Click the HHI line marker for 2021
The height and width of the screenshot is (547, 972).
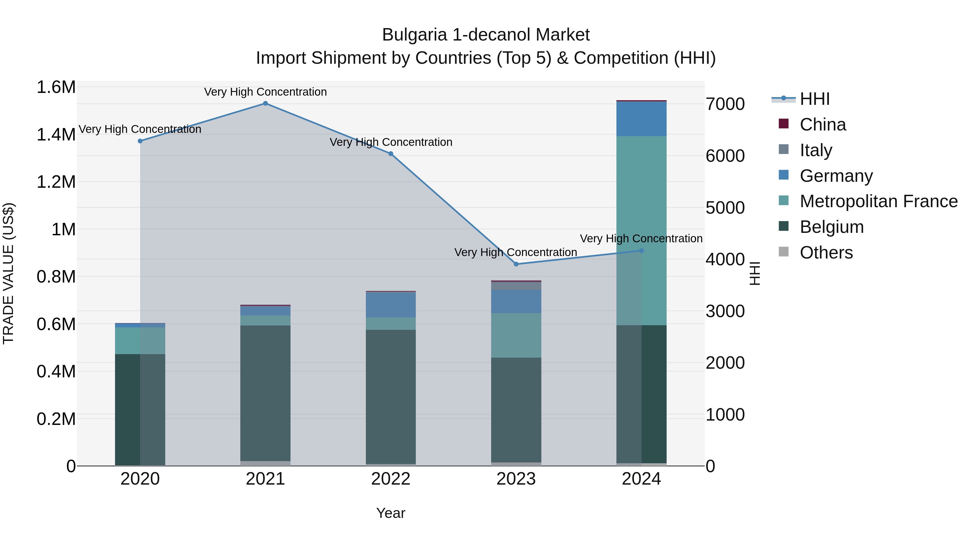(265, 103)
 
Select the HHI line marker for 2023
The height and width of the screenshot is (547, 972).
(516, 264)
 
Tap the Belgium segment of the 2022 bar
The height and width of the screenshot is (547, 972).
(390, 396)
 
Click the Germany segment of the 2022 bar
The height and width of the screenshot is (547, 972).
(390, 305)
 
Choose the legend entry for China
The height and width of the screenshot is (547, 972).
(823, 125)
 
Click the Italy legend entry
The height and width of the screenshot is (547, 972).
(816, 150)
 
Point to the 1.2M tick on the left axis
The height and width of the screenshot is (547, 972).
(56, 182)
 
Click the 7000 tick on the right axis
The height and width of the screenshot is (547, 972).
(725, 104)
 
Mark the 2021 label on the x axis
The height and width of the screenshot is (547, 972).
(265, 479)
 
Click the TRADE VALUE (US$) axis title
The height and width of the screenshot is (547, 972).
(8, 273)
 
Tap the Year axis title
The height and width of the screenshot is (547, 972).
(390, 513)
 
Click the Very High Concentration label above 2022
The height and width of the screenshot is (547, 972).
(390, 142)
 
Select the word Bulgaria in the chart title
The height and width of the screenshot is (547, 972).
(414, 35)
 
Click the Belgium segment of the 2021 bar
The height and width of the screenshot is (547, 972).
(265, 392)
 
